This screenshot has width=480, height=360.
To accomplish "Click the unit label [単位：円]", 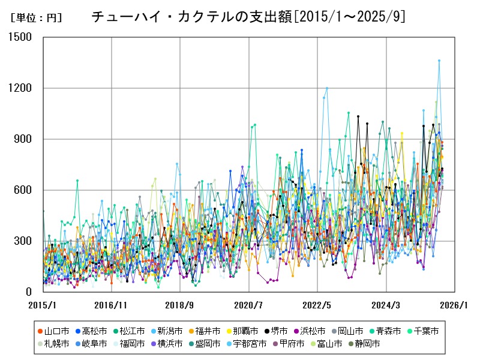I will coord(35,18).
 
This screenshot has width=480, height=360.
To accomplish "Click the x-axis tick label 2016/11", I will coord(112,305).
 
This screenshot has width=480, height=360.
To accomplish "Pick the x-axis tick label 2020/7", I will coord(249,305).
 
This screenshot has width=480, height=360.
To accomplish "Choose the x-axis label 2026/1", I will coord(454,305).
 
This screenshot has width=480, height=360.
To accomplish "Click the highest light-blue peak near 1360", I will coord(439,61).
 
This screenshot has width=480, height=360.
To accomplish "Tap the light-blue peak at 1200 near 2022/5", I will coord(327,88).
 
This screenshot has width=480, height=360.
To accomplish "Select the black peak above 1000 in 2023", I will coord(358,116).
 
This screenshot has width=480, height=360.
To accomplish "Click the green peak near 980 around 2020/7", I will coord(255,125).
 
